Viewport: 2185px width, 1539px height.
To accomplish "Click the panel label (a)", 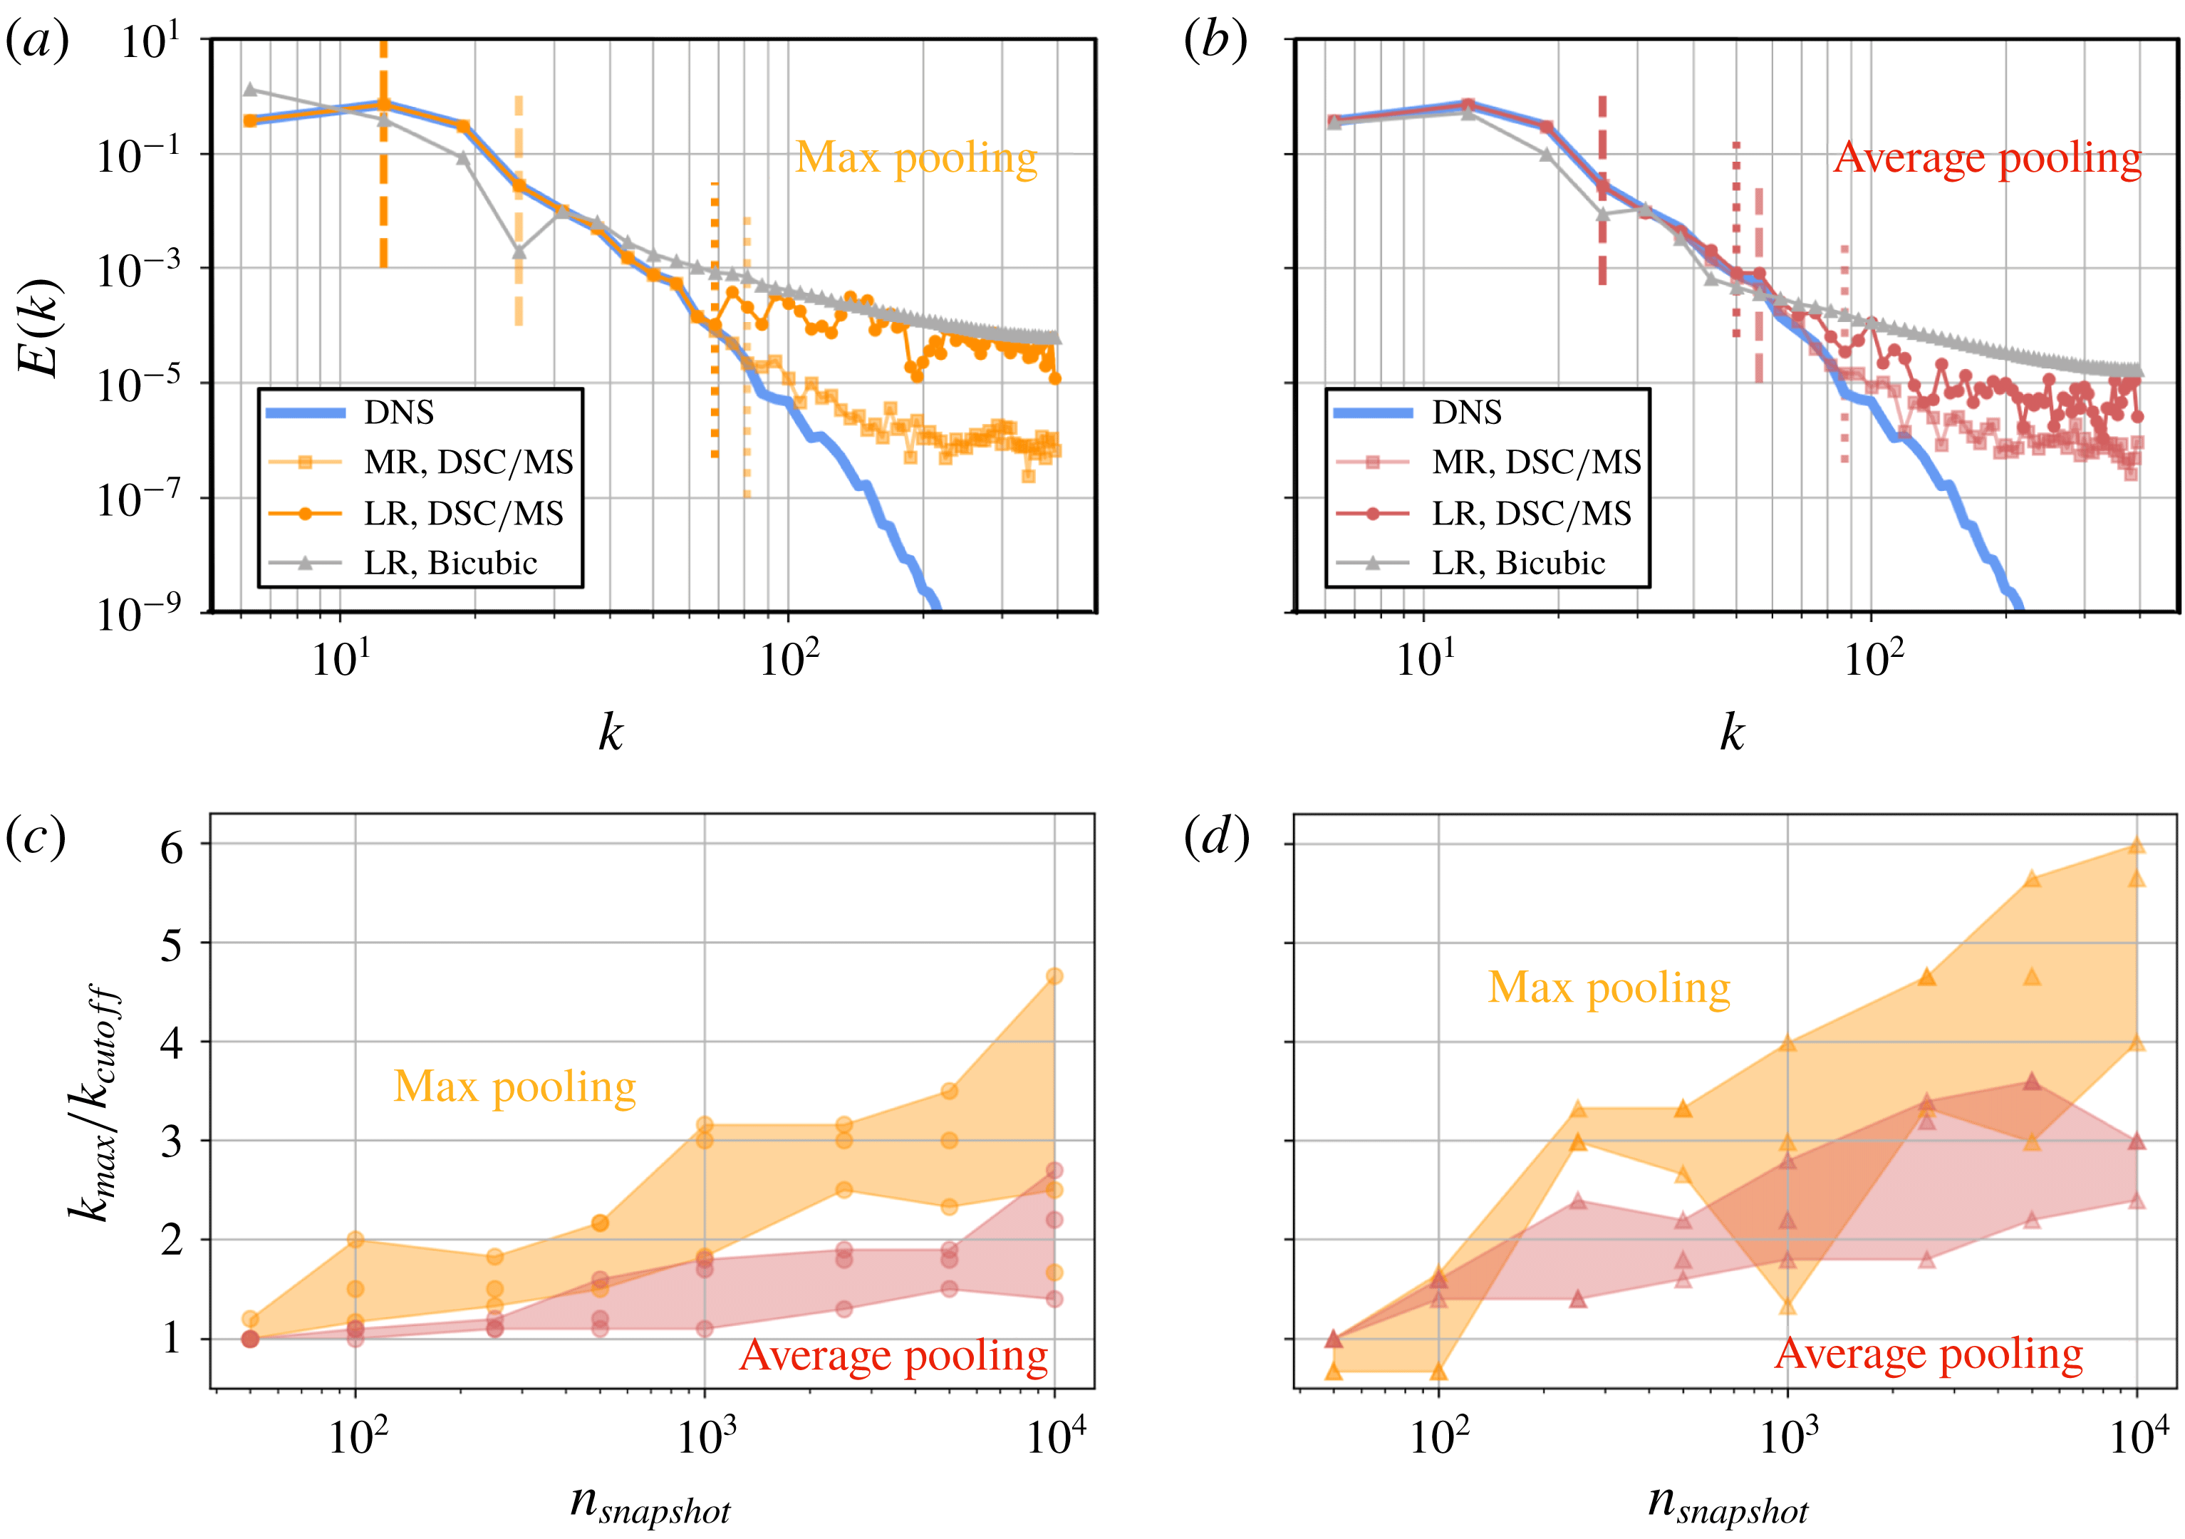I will pos(37,43).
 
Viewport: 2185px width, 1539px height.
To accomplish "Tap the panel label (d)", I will pos(1215,839).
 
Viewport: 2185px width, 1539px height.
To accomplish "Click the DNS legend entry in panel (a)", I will pos(398,412).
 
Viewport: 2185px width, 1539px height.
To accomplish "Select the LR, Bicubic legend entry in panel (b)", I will pos(1518,564).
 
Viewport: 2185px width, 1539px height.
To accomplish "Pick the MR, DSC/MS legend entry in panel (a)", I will pos(467,462).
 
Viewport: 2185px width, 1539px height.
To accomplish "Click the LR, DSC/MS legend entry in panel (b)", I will pos(1530,513).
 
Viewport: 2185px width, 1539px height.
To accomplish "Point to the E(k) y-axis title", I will pos(40,328).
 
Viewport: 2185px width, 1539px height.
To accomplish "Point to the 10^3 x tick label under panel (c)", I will pos(706,1435).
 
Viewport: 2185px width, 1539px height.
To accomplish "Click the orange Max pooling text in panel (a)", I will pos(915,158).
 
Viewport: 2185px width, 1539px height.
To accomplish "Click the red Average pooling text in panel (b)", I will pos(1987,158).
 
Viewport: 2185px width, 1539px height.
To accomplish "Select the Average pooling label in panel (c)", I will pos(893,1355).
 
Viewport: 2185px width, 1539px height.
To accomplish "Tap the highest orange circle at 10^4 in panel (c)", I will pos(1054,975).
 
